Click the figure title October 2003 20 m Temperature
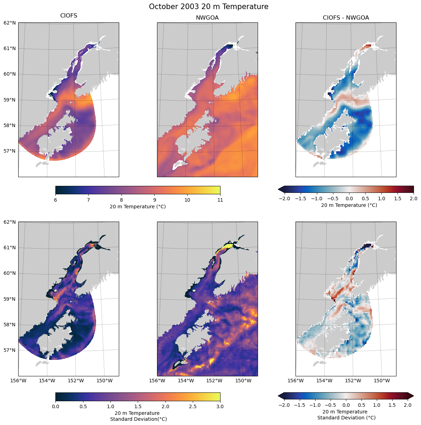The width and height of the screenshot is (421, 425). [209, 7]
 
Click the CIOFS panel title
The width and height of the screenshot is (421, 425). [69, 16]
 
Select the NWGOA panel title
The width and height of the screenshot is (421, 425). [207, 18]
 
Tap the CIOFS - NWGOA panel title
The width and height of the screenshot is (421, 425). [346, 18]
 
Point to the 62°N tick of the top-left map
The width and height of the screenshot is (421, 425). [9, 23]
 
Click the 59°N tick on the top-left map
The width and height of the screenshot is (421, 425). [9, 100]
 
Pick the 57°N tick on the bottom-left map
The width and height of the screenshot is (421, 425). [9, 350]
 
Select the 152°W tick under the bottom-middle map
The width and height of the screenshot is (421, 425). [214, 381]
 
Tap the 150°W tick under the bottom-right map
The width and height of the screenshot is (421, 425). [382, 381]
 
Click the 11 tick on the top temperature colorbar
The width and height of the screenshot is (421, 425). [220, 200]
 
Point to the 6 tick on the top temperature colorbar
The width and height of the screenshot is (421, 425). [55, 200]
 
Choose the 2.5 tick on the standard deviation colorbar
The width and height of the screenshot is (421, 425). [193, 406]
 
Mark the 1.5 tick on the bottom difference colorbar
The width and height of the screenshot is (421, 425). [392, 405]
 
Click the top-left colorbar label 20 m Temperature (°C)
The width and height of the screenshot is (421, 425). [138, 207]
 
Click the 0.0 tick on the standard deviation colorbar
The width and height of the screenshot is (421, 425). [55, 406]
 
